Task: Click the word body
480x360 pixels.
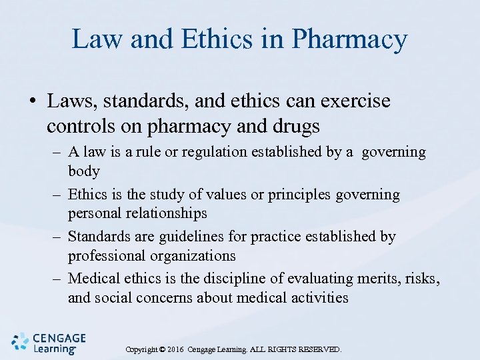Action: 83,171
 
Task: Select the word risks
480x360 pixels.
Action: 424,279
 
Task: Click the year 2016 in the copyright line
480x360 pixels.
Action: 175,349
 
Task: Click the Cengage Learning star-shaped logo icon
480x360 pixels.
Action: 20,342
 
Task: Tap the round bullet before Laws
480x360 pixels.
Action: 31,103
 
